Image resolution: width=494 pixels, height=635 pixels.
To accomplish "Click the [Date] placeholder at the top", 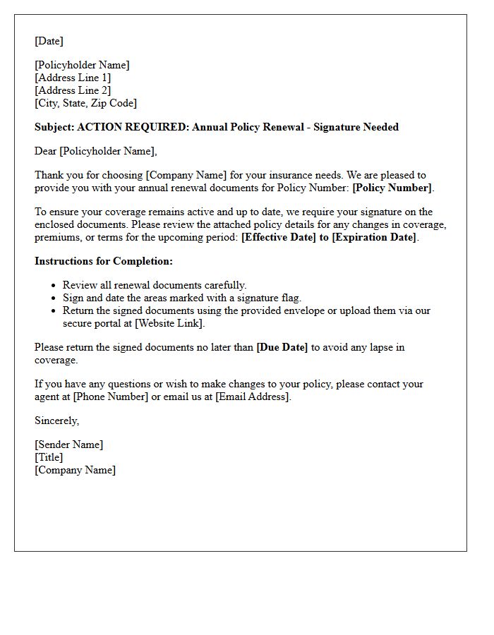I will pyautogui.click(x=49, y=41).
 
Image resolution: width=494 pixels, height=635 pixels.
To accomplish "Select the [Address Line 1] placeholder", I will pyautogui.click(x=73, y=78).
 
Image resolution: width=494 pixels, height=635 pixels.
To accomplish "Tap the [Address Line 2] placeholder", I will pyautogui.click(x=73, y=90).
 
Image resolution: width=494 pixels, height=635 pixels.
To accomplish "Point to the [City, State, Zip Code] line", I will pyautogui.click(x=85, y=103).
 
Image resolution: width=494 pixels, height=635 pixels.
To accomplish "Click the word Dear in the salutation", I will pyautogui.click(x=46, y=151).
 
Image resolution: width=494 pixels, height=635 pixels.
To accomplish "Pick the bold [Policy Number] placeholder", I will pyautogui.click(x=392, y=188).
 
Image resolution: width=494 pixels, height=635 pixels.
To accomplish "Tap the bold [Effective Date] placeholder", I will pyautogui.click(x=279, y=237).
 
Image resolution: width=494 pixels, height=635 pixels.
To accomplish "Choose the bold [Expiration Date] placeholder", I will pyautogui.click(x=375, y=237).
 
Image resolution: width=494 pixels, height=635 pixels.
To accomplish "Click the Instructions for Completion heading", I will pyautogui.click(x=104, y=261).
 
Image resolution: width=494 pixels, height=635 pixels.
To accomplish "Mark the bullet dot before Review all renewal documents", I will pyautogui.click(x=54, y=286).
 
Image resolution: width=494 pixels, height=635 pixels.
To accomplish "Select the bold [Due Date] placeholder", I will pyautogui.click(x=282, y=347).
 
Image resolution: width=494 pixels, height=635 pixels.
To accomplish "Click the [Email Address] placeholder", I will pyautogui.click(x=252, y=397).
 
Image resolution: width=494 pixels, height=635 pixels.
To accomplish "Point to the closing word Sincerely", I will pyautogui.click(x=56, y=421).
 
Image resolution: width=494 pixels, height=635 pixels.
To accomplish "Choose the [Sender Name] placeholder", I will pyautogui.click(x=68, y=445).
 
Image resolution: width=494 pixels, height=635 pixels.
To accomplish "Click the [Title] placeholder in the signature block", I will pyautogui.click(x=49, y=457).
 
